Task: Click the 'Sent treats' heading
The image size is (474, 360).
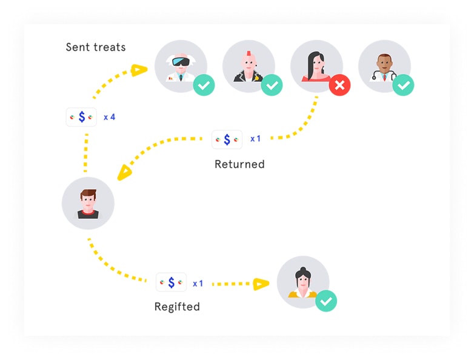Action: [96, 47]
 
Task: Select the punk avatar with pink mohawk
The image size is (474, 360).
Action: [248, 65]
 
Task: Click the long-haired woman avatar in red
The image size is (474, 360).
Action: [316, 65]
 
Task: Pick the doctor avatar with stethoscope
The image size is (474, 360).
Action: [384, 65]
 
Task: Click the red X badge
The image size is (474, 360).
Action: [339, 85]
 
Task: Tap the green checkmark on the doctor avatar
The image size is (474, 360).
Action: [403, 85]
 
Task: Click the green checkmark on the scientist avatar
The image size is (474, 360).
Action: [204, 85]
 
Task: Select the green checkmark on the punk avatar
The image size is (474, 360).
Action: [272, 85]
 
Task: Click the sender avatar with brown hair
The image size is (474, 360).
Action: [88, 203]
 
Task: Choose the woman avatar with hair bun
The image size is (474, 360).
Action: [303, 281]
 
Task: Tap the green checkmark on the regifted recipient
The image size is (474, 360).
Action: [326, 301]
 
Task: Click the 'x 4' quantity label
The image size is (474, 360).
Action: [109, 117]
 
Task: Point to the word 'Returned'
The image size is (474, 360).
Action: [239, 164]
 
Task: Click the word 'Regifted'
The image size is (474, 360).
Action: [177, 307]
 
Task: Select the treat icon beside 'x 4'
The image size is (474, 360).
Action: [81, 117]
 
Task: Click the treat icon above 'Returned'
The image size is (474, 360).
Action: [227, 139]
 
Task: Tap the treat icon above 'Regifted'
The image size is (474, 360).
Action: [171, 282]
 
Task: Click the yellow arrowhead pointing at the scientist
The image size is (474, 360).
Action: [139, 70]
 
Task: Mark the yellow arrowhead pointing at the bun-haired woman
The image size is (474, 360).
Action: [261, 283]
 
